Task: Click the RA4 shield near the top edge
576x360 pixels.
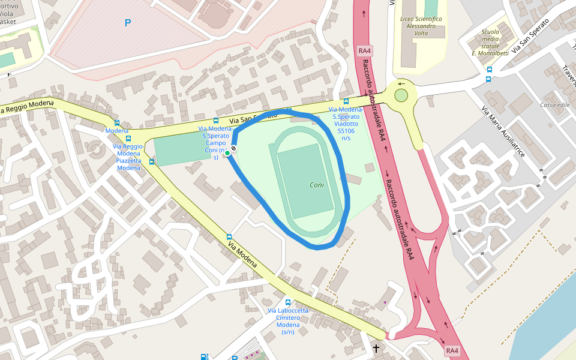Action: (x=365, y=51)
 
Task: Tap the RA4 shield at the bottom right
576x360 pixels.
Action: (x=452, y=350)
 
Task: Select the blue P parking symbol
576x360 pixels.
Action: (x=127, y=23)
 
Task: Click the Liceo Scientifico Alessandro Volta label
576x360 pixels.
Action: (x=421, y=26)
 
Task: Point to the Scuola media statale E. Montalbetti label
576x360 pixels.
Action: (x=490, y=43)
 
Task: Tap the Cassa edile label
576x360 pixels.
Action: (x=554, y=105)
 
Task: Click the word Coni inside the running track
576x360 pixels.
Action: (x=316, y=185)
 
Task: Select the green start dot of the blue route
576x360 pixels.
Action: (x=227, y=154)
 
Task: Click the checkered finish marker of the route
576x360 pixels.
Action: (x=233, y=148)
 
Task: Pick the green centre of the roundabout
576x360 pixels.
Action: (x=401, y=95)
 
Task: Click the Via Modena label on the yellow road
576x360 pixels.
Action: (x=242, y=255)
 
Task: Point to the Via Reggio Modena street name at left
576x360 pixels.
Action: (x=28, y=107)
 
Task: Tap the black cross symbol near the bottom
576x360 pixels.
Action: (x=376, y=348)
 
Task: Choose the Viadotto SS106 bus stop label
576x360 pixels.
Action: (x=346, y=124)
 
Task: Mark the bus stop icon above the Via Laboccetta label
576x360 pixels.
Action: (x=288, y=303)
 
